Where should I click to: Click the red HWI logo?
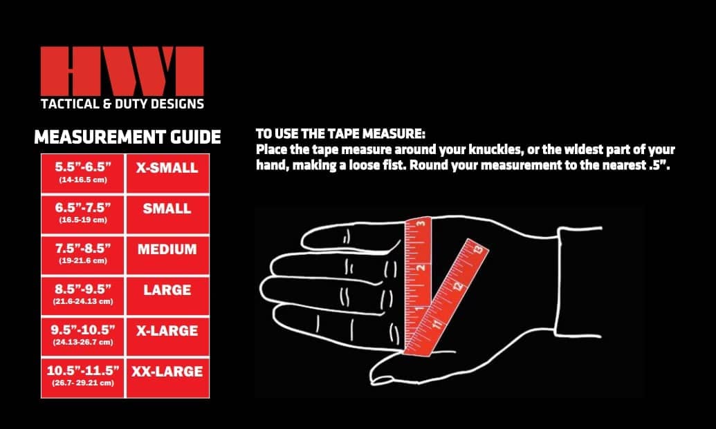tap(122, 70)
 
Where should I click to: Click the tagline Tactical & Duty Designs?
tap(122, 104)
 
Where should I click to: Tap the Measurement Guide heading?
tap(127, 137)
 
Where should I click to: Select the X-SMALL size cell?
tap(167, 173)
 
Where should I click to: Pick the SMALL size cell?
tap(167, 214)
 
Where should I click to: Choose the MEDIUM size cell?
tap(167, 255)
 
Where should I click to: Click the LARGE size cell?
tap(167, 296)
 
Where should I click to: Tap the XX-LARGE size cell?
tap(167, 377)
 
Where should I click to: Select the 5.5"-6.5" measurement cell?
tap(82, 173)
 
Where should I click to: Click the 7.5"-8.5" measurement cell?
tap(82, 255)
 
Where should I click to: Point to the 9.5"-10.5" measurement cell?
tap(82, 336)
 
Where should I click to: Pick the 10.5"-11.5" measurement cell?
tap(82, 377)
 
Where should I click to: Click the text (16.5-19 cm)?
tap(82, 220)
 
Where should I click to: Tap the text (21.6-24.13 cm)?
tap(82, 301)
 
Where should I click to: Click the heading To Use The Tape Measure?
tap(340, 134)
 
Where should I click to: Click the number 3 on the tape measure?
tap(422, 223)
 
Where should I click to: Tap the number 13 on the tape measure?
tap(477, 249)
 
